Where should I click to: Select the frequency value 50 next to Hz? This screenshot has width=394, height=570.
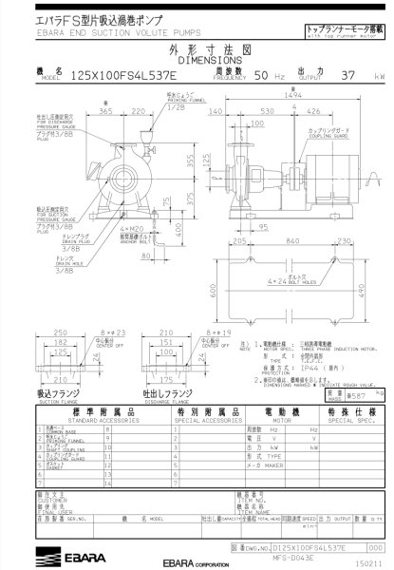pos(260,74)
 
